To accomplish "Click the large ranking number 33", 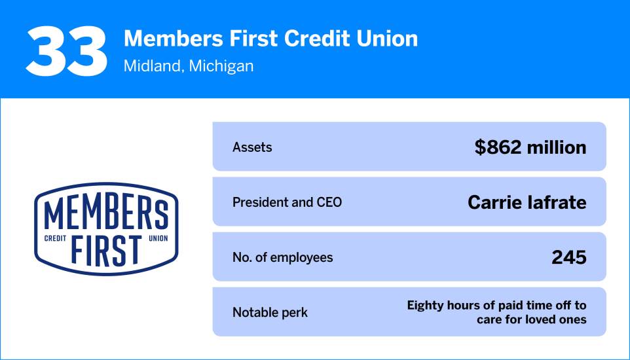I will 66,50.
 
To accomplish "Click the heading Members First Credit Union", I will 270,39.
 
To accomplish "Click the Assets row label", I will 252,147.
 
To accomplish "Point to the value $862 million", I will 530,147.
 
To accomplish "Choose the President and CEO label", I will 287,202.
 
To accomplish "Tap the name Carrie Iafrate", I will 527,202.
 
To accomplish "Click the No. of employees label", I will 282,257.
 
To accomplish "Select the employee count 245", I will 568,257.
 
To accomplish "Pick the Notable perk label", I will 270,312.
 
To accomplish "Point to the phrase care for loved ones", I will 531,319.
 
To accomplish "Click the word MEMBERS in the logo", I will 106,214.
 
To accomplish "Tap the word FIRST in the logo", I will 106,249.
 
